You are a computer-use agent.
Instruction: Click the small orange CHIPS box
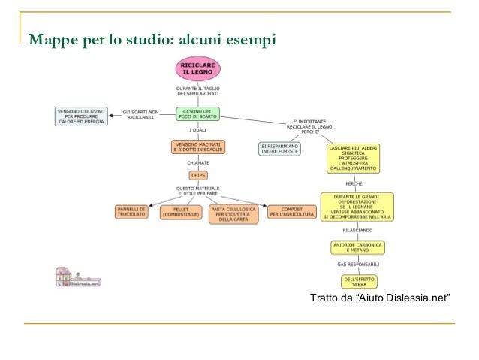pos(198,175)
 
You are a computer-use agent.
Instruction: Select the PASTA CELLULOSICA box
pos(233,213)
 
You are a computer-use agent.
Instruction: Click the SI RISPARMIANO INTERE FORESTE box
pos(280,148)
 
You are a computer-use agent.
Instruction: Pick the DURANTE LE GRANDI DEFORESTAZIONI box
pos(357,207)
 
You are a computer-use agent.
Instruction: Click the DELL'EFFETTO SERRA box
pos(357,281)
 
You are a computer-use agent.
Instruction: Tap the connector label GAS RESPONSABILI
pos(357,265)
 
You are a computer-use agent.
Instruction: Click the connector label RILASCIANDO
pos(357,230)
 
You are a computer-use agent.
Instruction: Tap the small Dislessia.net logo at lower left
pos(78,278)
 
